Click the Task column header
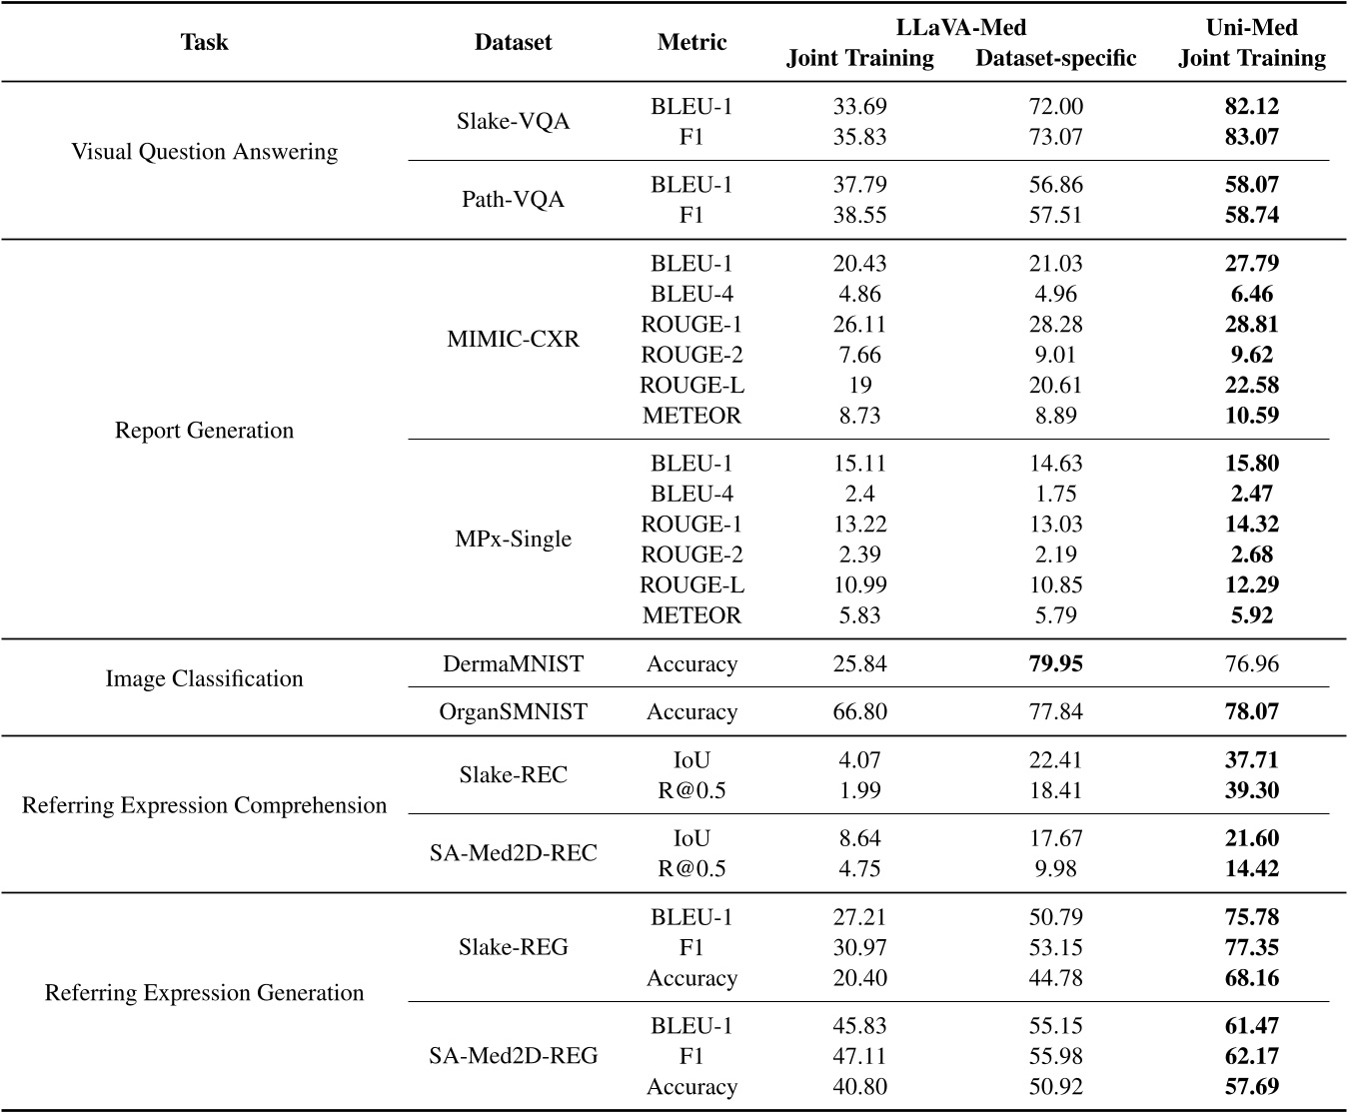[x=204, y=42]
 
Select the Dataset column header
[x=513, y=42]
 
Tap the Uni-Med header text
[x=1251, y=27]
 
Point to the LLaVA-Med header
[x=960, y=27]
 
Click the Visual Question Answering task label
[x=204, y=152]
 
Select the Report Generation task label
[x=204, y=431]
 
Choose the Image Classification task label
[x=204, y=679]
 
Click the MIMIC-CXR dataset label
[x=513, y=340]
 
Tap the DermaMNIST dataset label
[x=513, y=664]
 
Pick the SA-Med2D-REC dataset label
[x=513, y=853]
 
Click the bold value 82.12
[x=1251, y=106]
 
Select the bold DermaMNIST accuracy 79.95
[x=1055, y=664]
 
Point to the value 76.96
[x=1251, y=664]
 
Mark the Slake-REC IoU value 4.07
[x=859, y=760]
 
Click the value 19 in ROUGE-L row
[x=859, y=386]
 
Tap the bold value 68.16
[x=1251, y=978]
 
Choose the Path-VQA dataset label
[x=513, y=200]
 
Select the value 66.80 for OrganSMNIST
[x=859, y=712]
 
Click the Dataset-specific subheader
[x=1055, y=59]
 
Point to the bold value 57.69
[x=1251, y=1087]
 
